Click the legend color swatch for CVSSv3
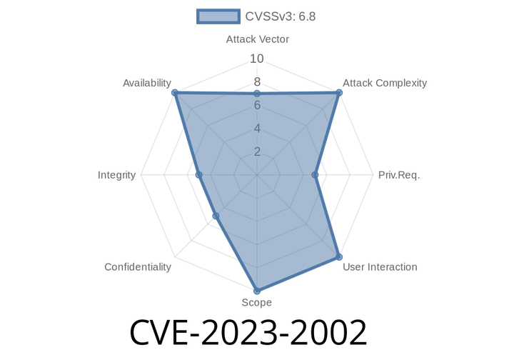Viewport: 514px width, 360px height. [218, 16]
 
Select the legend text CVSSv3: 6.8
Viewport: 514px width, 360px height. [281, 16]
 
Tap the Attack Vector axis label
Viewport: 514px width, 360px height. [257, 39]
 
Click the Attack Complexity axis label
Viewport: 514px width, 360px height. [385, 83]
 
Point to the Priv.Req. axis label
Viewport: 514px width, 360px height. [399, 175]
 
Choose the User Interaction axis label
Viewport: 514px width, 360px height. [380, 267]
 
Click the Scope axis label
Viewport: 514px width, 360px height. [257, 302]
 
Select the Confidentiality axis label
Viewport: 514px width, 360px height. [138, 267]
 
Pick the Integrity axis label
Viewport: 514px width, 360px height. [116, 175]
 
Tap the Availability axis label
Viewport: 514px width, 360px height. [147, 83]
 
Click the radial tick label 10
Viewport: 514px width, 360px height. [257, 59]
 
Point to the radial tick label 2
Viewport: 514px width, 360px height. [257, 151]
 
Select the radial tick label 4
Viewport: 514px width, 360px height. [257, 128]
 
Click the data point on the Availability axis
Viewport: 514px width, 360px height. [175, 93]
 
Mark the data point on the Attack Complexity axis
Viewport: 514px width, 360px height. [339, 93]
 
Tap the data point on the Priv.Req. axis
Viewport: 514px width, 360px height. [315, 175]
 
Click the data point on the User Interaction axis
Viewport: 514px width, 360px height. [339, 256]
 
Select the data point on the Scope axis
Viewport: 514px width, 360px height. [257, 291]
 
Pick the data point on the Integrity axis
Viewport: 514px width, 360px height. [199, 175]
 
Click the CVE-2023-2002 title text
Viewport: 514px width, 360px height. [248, 333]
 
